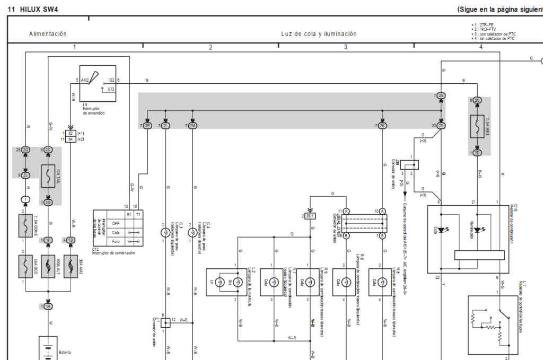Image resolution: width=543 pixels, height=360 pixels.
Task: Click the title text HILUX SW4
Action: coord(39,10)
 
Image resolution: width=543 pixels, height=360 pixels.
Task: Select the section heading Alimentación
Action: coord(48,34)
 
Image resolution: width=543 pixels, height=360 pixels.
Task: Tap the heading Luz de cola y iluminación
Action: coord(319,34)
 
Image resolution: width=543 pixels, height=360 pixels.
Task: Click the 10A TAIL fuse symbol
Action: coord(48,176)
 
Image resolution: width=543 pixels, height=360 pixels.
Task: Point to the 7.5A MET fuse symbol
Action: coord(477,126)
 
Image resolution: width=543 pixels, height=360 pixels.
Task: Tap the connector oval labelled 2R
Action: coord(148,126)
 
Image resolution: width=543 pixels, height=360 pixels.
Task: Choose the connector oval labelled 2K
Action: coord(382,126)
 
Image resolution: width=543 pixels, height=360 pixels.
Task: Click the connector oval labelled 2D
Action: coord(477,153)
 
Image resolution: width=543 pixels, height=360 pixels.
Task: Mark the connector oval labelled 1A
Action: coord(48,307)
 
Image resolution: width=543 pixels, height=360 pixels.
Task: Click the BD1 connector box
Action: coord(311,216)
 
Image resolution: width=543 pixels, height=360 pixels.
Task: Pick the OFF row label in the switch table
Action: coord(115,223)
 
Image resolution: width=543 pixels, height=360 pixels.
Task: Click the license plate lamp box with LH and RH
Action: coord(223,282)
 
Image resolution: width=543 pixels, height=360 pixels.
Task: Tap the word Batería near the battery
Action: coord(65,352)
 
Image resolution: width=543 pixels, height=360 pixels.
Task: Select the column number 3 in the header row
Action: coord(346,47)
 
